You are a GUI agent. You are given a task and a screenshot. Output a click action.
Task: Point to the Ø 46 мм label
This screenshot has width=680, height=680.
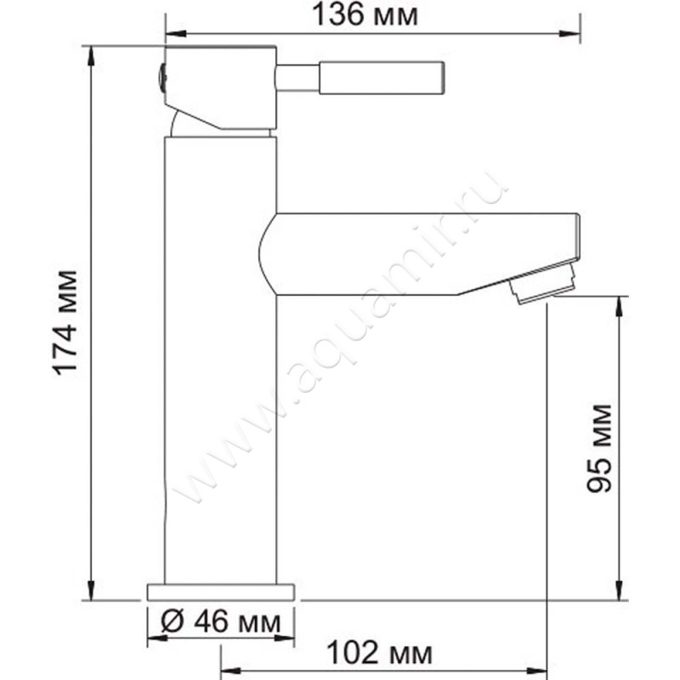tap(220, 624)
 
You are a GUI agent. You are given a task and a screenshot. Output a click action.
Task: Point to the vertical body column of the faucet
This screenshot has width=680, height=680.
tap(221, 382)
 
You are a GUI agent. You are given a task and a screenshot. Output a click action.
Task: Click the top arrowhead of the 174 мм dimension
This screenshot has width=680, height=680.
tap(90, 53)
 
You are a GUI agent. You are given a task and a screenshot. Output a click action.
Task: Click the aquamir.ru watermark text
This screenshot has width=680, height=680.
tap(340, 340)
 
